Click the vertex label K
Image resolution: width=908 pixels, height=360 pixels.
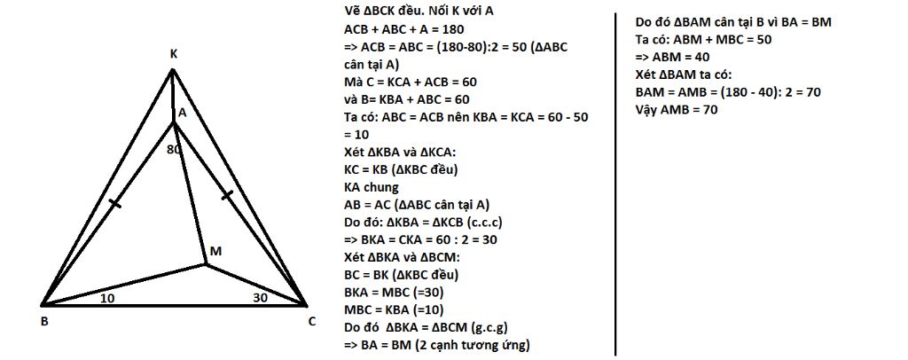pos(174,55)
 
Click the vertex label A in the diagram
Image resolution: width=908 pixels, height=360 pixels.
pos(182,113)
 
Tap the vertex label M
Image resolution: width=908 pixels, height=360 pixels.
pos(215,252)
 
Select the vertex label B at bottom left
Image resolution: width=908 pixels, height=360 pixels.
pos(44,322)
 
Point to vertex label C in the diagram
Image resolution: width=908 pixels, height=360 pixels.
pos(312,322)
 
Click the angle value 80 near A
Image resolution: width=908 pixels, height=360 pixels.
pos(174,149)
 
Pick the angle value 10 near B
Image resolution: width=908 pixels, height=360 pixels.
pos(107,299)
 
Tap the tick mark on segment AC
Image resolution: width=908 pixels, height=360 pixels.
pos(228,194)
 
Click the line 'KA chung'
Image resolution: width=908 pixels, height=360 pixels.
pos(373,187)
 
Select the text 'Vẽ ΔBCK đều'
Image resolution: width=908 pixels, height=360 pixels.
pos(382,11)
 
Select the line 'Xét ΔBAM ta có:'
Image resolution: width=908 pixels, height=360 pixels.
pos(683,74)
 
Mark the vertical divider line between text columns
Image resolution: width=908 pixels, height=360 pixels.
pos(616,177)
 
